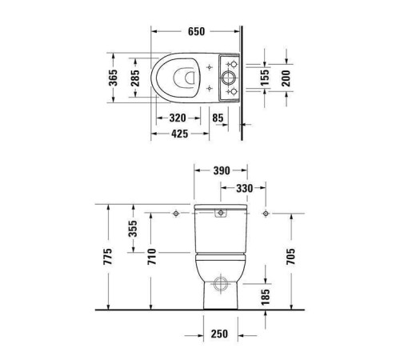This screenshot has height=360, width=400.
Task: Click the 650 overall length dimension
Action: (x=196, y=32)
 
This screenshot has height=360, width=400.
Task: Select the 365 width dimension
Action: (x=114, y=78)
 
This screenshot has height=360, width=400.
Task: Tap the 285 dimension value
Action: (x=135, y=78)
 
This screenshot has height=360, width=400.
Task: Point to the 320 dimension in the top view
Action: (x=178, y=118)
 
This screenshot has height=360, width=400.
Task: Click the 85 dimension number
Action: (x=218, y=118)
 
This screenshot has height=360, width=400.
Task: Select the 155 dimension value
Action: (x=265, y=77)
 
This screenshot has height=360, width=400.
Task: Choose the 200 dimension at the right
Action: (x=285, y=77)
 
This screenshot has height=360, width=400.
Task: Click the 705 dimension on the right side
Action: (x=291, y=256)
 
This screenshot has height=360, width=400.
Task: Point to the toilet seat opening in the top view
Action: (x=182, y=78)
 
